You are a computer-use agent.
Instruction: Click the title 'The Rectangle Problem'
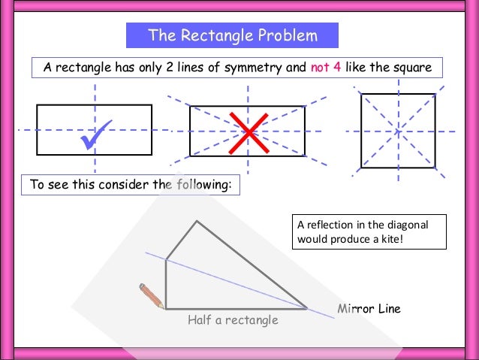click(x=232, y=35)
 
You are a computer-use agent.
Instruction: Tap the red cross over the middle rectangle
click(x=247, y=131)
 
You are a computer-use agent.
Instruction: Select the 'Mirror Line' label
click(x=369, y=309)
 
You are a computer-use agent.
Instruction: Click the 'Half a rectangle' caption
click(x=233, y=320)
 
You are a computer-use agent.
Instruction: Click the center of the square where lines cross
click(x=398, y=131)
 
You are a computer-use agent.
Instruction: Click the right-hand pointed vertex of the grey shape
click(x=306, y=307)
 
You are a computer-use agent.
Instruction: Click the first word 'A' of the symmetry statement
click(x=47, y=68)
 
